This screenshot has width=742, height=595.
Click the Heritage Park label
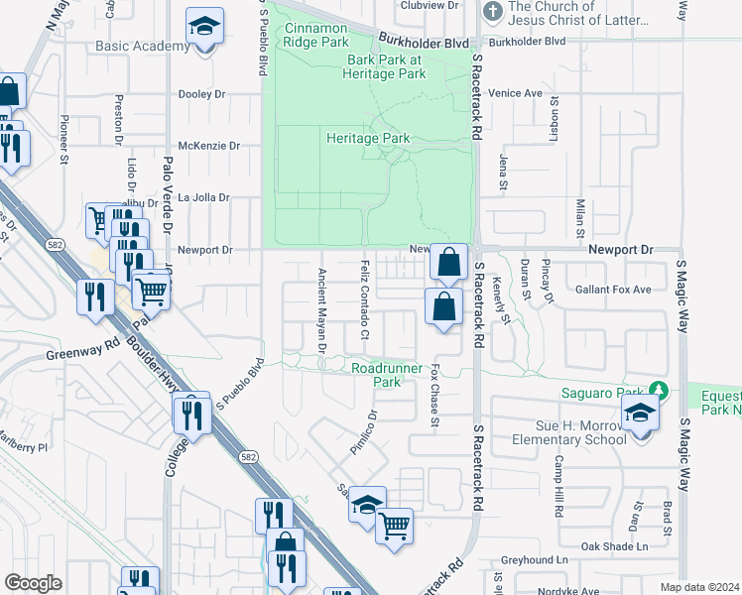[x=368, y=139]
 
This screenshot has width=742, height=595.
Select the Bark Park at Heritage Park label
[x=384, y=66]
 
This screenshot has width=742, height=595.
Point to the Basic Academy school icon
[x=205, y=29]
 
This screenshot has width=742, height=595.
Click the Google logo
[x=34, y=583]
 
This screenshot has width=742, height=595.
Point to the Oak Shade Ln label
[x=614, y=546]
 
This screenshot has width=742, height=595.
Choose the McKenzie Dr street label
[x=208, y=146]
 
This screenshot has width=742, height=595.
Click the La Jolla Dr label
[x=203, y=197]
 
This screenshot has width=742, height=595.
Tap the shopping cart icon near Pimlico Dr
[x=395, y=525]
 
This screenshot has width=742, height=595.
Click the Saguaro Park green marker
[x=657, y=391]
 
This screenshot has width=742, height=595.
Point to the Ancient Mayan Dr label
[x=321, y=309]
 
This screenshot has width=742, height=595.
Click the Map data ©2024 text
[x=699, y=587]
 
